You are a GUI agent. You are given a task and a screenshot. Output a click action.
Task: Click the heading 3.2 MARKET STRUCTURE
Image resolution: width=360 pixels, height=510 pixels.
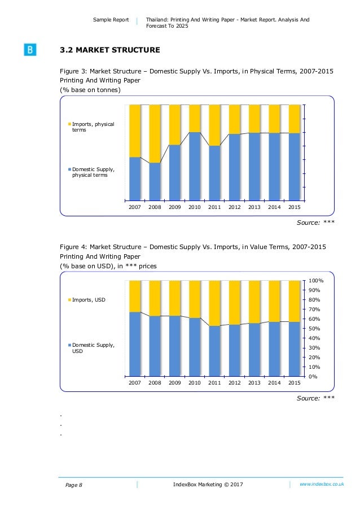coord(110,50)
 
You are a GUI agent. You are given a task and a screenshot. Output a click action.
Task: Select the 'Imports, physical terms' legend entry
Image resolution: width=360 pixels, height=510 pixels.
coord(93,127)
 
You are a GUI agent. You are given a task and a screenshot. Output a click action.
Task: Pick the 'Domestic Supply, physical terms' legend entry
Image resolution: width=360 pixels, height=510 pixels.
coord(93,172)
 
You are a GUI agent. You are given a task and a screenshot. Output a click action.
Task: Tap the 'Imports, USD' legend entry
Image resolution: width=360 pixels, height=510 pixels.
coord(89,299)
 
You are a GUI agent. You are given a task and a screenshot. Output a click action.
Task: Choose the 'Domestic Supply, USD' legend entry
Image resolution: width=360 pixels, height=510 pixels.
coord(93,347)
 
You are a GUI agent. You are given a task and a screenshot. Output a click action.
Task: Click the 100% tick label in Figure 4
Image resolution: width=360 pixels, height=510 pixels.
coord(316,281)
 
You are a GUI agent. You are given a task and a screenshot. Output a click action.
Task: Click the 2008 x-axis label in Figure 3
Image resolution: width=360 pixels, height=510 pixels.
coord(155,207)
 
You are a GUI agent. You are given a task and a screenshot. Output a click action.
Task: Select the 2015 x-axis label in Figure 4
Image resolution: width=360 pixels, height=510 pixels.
coord(294,383)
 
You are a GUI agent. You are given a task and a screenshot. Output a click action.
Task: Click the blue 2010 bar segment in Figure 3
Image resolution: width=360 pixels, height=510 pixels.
coord(195,167)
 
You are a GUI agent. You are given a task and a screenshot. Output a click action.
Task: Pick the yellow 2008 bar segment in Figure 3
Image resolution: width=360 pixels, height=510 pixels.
coord(155,133)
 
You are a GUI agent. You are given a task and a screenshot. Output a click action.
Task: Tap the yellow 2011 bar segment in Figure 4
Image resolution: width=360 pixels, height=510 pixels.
coord(214,303)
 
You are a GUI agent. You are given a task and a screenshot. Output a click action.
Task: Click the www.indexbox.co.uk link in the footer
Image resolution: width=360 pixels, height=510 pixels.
coord(322,485)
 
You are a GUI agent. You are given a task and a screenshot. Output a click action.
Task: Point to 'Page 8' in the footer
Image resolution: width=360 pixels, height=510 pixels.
coord(73,485)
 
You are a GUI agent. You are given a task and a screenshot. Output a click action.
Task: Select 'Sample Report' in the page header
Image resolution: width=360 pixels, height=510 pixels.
coord(111,20)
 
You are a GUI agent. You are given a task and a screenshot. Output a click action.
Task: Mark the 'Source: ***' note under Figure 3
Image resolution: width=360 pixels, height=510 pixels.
coord(315,223)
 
